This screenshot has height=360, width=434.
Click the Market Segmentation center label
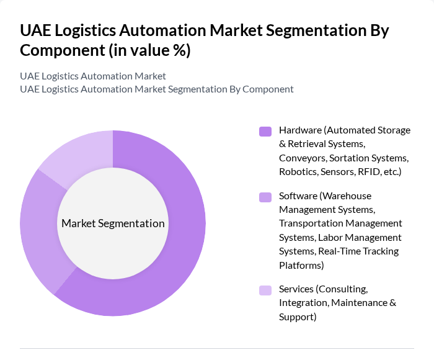(x=113, y=223)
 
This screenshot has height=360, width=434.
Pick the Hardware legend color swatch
(x=265, y=131)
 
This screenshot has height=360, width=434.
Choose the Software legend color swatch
(x=265, y=197)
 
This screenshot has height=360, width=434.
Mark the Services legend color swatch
(x=265, y=290)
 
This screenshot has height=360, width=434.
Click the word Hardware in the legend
(x=300, y=130)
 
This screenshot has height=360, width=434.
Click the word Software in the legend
(x=298, y=196)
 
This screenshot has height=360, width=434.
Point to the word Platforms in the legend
(x=300, y=265)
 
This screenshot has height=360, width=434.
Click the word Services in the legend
(x=296, y=289)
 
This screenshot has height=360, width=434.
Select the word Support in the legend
(x=296, y=317)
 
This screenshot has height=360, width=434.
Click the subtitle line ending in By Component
(x=157, y=89)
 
